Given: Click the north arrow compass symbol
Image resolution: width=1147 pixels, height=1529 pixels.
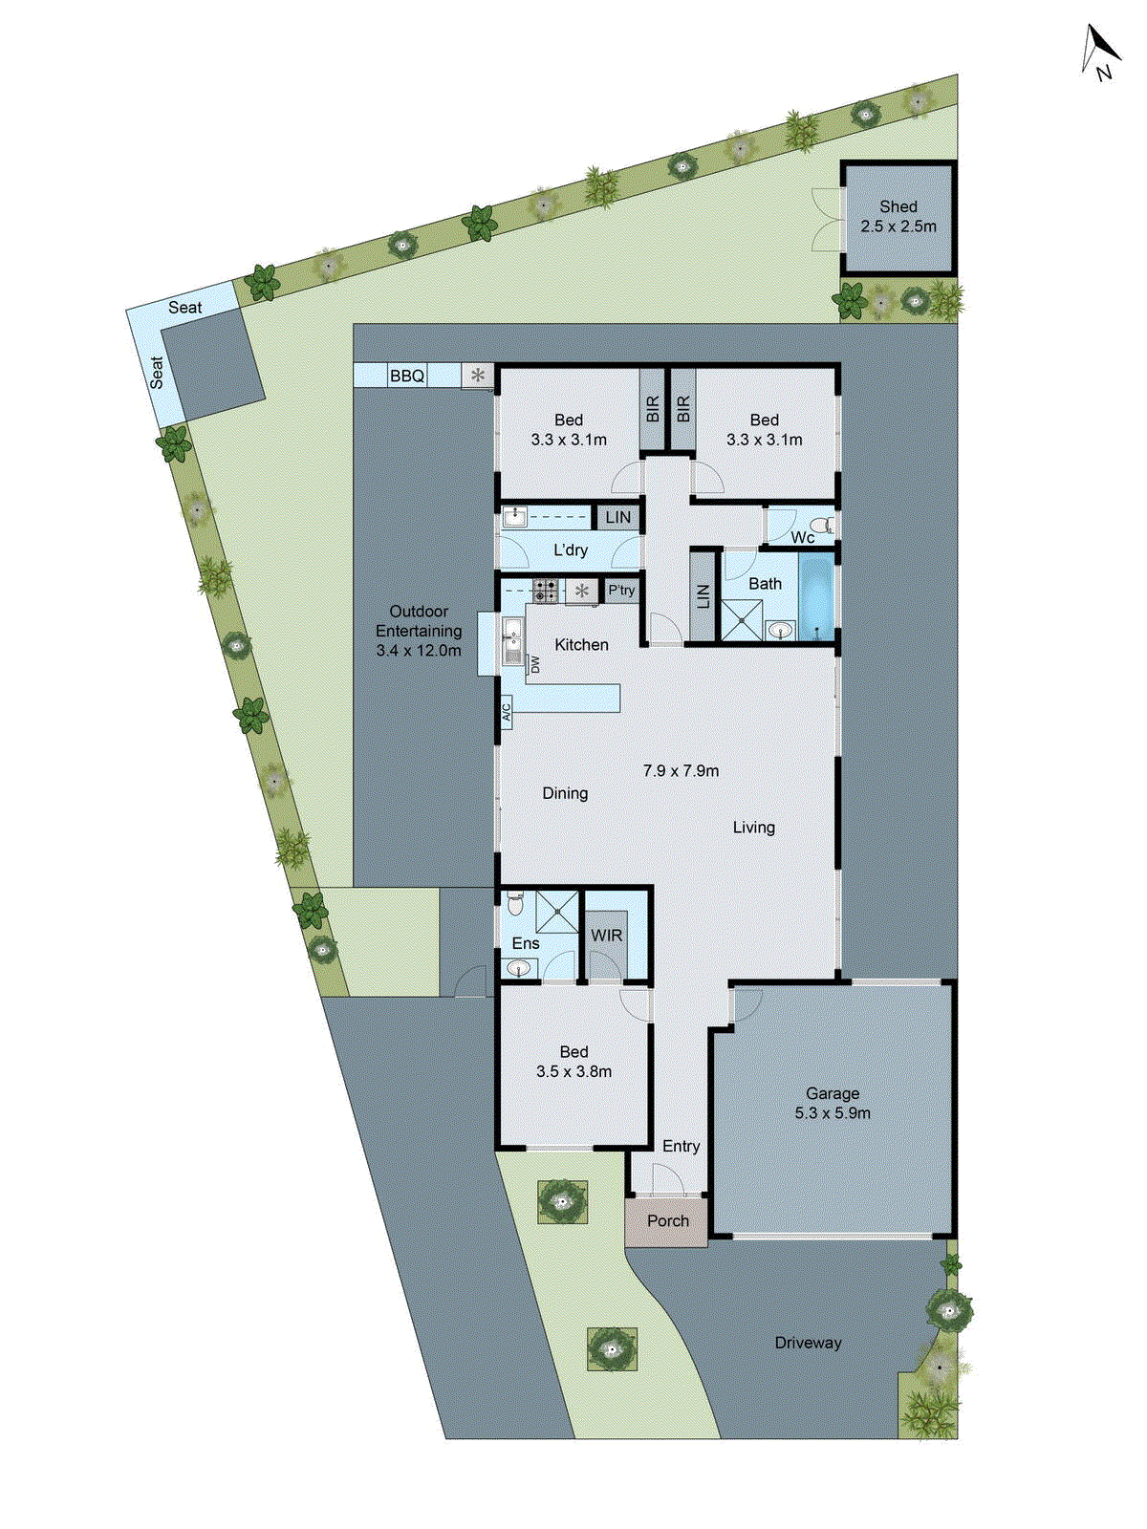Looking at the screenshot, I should (x=1100, y=52).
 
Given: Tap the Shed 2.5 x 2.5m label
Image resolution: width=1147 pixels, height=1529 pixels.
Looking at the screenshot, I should (x=898, y=217).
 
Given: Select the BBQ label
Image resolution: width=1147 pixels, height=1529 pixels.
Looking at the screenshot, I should (x=406, y=377).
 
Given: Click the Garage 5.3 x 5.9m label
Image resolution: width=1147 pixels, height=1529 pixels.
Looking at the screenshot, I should (x=832, y=1103).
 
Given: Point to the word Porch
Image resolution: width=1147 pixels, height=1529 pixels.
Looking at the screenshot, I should (x=667, y=1220).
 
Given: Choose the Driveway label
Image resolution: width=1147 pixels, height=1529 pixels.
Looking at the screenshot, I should (x=808, y=1343).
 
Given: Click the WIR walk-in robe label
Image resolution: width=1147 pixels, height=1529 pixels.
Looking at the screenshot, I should (x=606, y=936).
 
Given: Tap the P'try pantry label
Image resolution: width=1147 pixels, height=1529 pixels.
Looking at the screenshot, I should (x=621, y=591).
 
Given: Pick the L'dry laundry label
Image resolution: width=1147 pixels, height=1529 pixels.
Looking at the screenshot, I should (x=571, y=550).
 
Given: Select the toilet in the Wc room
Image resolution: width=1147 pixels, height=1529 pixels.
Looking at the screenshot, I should (x=820, y=525).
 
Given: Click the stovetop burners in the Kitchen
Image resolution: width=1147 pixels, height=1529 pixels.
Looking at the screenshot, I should (x=546, y=591).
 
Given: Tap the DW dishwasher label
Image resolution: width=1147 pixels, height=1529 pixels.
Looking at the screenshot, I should (x=535, y=664).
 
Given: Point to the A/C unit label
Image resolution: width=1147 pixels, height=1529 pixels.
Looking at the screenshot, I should (x=507, y=712).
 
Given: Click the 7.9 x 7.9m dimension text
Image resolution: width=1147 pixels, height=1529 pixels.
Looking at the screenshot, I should (x=681, y=770).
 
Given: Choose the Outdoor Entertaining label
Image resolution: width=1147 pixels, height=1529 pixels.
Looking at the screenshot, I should (x=419, y=631).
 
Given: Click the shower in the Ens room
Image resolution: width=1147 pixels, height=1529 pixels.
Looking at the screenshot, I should (x=556, y=911).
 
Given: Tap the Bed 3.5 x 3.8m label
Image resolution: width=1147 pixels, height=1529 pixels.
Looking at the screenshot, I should (x=573, y=1062).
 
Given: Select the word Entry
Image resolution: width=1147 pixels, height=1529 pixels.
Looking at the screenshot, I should (x=681, y=1146).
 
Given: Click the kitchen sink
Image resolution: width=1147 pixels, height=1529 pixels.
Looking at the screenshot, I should (x=512, y=635).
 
